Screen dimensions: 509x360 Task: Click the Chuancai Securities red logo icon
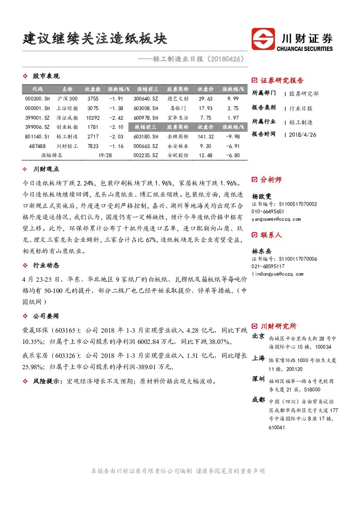click(x=263, y=39)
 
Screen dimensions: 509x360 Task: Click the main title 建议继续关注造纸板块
click(x=95, y=38)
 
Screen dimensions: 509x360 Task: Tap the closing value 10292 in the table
click(x=93, y=118)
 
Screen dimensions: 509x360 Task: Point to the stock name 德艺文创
click(x=178, y=99)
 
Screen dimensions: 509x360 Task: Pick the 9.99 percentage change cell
click(x=233, y=99)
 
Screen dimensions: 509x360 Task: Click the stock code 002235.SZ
click(x=146, y=155)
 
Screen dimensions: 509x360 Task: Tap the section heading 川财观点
click(x=46, y=169)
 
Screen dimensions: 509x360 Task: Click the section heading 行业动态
click(x=46, y=265)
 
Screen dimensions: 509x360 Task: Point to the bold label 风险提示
click(x=47, y=381)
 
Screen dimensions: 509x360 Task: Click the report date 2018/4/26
click(x=303, y=135)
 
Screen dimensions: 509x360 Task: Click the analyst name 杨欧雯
click(x=261, y=196)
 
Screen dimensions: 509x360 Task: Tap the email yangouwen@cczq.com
click(x=276, y=219)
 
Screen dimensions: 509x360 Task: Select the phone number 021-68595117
click(x=268, y=266)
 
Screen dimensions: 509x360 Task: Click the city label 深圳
click(x=258, y=379)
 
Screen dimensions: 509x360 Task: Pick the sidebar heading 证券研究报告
click(x=282, y=81)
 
